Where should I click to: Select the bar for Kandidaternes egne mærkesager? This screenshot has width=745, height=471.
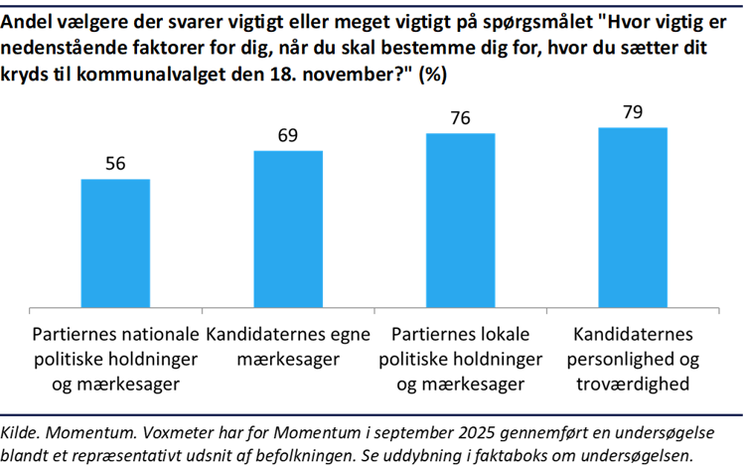289,230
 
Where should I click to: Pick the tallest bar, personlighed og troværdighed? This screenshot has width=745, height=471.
633,218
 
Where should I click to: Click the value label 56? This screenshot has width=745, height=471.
115,165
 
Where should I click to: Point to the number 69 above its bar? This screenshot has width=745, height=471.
289,136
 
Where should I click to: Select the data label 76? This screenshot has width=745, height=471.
461,118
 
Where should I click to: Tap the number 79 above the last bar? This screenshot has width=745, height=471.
633,112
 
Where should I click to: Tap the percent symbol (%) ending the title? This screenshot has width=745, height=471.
432,76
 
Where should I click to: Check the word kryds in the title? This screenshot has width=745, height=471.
27,76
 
